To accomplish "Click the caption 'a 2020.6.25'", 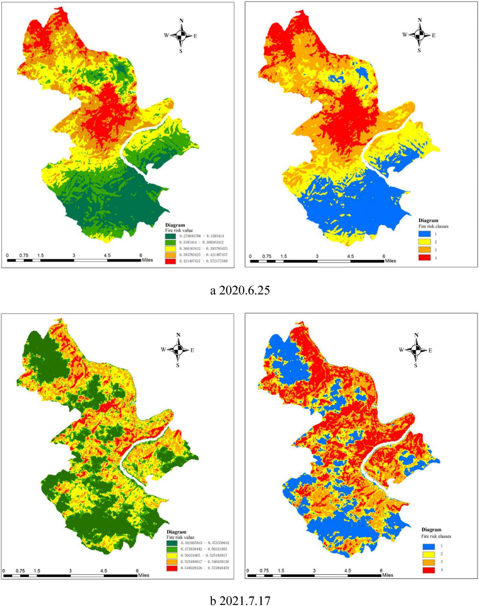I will (x=240, y=290).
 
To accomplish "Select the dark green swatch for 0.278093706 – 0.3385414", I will (x=171, y=236).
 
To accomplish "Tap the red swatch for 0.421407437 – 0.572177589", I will (x=171, y=261).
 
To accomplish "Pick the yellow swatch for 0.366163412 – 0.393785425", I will (x=171, y=249).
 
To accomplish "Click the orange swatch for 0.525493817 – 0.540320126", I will (x=172, y=562).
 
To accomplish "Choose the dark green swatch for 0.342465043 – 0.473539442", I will (x=172, y=543).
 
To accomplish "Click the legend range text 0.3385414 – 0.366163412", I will (x=201, y=242).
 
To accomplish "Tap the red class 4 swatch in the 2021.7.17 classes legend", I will (x=428, y=570).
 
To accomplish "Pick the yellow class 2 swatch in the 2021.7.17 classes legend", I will (x=428, y=554).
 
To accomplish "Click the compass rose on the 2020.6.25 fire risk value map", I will (x=181, y=35).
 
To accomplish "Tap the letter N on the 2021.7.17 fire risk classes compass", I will (x=416, y=335).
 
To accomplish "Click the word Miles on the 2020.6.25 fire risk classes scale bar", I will (x=390, y=261).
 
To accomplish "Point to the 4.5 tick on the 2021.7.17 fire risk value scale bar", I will (x=104, y=571).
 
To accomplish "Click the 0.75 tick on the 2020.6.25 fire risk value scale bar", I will (x=24, y=255).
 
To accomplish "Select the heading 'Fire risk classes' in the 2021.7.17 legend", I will (x=436, y=536).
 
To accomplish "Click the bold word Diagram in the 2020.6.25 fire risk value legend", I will (x=175, y=225).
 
